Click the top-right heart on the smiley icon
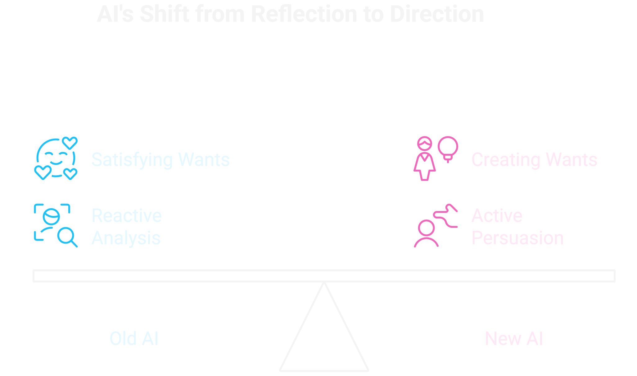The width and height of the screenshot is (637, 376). tap(70, 143)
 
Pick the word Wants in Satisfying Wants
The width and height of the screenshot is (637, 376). tap(204, 160)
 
